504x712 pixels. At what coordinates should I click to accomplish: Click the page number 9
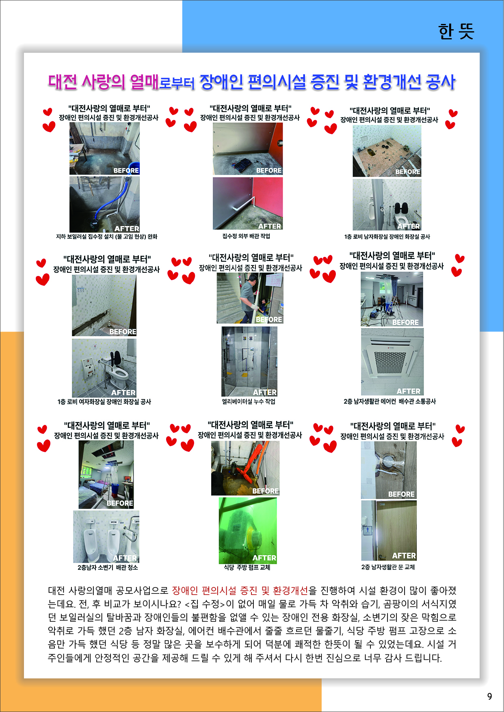(x=489, y=697)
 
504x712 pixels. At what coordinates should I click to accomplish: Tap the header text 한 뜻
(x=456, y=31)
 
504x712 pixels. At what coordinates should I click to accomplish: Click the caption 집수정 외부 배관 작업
(x=246, y=236)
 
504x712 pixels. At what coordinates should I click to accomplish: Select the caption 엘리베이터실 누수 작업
(x=249, y=401)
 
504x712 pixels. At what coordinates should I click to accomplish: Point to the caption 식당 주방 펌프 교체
(x=247, y=567)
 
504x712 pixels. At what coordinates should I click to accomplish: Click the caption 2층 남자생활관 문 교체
(x=388, y=567)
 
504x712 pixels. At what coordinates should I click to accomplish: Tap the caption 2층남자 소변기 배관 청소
(x=108, y=567)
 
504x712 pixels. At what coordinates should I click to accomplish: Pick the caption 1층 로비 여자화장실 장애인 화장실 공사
(x=104, y=402)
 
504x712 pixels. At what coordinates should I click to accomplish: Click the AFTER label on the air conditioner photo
(x=409, y=391)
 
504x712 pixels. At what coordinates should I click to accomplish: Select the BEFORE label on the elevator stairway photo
(x=269, y=319)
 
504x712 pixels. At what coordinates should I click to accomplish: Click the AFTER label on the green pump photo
(x=264, y=558)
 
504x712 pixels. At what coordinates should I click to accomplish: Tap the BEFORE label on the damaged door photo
(x=401, y=494)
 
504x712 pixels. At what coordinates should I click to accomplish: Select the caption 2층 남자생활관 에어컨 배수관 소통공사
(x=389, y=401)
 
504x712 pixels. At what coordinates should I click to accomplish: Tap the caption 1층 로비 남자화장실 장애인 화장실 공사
(x=387, y=237)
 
